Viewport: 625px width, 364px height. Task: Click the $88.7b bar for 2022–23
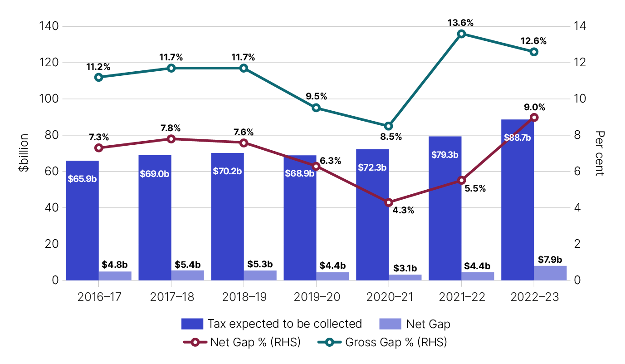pos(518,200)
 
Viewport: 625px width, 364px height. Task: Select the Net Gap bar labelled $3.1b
pos(405,277)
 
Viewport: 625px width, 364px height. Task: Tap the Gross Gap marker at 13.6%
pos(461,34)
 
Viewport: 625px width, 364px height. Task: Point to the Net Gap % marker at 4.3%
pos(389,202)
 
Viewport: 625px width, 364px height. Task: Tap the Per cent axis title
pos(600,153)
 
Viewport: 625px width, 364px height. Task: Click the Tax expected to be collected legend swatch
pos(192,324)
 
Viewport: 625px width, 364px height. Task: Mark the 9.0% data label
pos(534,108)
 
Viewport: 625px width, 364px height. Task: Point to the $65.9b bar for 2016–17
pos(82,220)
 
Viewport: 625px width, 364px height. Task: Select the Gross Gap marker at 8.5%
pos(389,126)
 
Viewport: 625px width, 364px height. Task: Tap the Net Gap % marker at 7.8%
pos(171,139)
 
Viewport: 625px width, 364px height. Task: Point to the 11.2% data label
pos(98,67)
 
